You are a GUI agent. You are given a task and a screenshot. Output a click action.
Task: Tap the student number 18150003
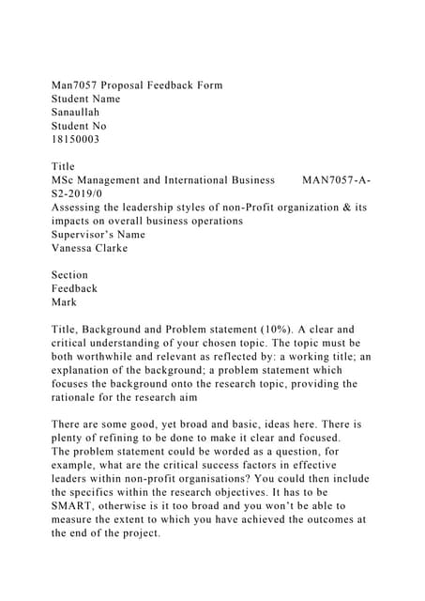click(x=75, y=138)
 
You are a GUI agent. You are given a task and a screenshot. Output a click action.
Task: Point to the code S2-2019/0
click(x=81, y=193)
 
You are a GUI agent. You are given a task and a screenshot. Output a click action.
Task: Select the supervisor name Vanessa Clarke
click(x=90, y=248)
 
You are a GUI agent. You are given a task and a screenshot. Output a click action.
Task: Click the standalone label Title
click(x=63, y=165)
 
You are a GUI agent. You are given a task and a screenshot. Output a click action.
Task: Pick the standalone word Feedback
click(x=75, y=288)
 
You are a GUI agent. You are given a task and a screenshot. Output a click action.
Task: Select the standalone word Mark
click(x=65, y=302)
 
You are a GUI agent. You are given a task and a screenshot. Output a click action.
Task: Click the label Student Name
click(x=86, y=98)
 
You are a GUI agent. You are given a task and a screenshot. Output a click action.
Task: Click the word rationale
click(x=81, y=397)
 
